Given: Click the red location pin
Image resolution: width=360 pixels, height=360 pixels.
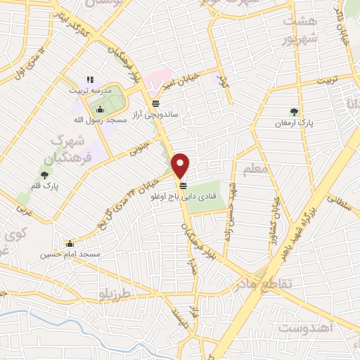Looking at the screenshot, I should (x=182, y=165).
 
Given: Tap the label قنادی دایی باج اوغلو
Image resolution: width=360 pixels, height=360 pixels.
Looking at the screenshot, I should (x=183, y=198).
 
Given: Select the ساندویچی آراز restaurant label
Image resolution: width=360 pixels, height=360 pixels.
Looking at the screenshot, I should (x=155, y=114).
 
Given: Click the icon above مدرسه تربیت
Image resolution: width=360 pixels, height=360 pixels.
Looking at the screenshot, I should (x=90, y=79).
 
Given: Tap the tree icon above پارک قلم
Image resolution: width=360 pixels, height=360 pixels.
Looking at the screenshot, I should (x=45, y=174).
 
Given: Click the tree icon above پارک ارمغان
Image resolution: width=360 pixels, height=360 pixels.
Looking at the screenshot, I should (x=295, y=111).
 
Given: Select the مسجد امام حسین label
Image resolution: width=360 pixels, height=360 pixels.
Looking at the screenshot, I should (x=70, y=253).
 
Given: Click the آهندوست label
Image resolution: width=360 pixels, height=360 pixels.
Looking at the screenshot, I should (x=304, y=329).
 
